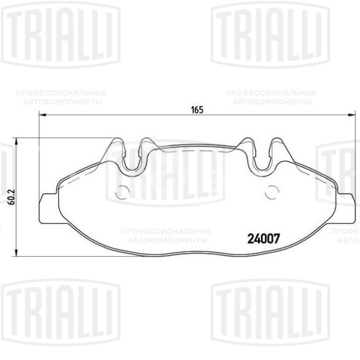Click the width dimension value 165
pyautogui.click(x=197, y=110)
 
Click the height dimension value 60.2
pyautogui.click(x=12, y=197)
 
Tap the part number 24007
pyautogui.click(x=263, y=239)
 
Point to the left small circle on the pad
pyautogui.click(x=122, y=192)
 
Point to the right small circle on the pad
pyautogui.click(x=272, y=192)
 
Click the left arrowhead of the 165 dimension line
pyautogui.click(x=43, y=114)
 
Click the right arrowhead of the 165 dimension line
pyautogui.click(x=351, y=114)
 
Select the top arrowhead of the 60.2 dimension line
pyautogui.click(x=16, y=142)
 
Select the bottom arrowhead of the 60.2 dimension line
pyautogui.click(x=16, y=252)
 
